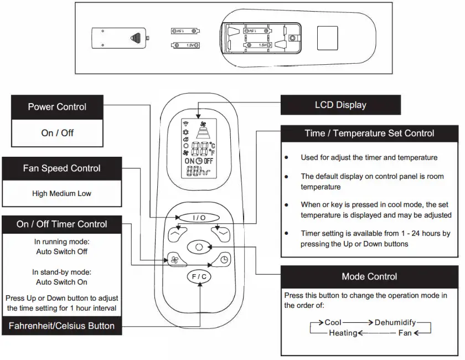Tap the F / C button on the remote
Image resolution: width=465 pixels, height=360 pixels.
coord(199,277)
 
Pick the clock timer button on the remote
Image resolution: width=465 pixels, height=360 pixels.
coord(223,259)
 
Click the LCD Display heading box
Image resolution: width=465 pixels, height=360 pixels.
coord(340,105)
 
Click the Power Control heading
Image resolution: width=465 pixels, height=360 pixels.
coord(57,106)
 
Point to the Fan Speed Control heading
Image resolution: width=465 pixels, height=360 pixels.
coord(61,168)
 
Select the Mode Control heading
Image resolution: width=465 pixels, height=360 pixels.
coord(369,276)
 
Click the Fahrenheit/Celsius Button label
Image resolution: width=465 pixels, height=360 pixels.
coord(61,326)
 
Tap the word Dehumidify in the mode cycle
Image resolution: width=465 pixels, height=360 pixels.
coord(395,322)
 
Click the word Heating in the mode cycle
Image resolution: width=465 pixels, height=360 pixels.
coord(343,333)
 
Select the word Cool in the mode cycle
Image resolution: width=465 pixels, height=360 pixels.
coord(333,322)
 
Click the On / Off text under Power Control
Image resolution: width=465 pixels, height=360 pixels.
coord(57,133)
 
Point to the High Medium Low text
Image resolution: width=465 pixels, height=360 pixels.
coord(61,194)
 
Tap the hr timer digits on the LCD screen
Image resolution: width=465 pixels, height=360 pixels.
coord(199,173)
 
